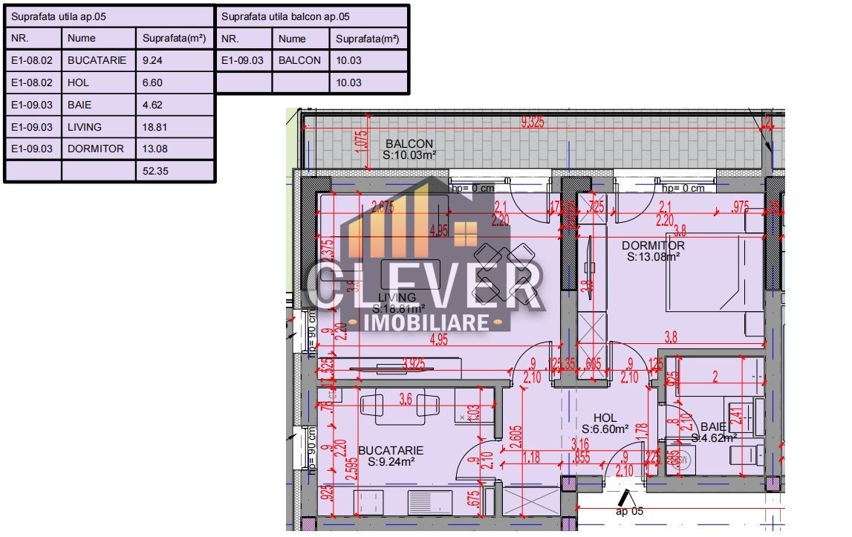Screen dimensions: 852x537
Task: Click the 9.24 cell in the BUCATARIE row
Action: click(175, 60)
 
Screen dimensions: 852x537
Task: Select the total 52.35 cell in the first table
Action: click(175, 171)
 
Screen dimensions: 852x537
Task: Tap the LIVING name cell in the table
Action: click(99, 127)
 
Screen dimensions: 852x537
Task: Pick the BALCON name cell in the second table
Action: click(301, 60)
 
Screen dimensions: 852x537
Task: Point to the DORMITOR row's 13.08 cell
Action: click(175, 149)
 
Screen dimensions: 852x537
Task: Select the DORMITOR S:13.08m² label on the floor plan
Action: click(653, 251)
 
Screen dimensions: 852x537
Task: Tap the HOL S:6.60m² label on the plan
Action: click(605, 424)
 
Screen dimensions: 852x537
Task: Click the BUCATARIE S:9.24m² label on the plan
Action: click(391, 456)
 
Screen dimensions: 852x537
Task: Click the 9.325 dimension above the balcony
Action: click(532, 123)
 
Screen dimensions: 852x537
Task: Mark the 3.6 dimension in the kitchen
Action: click(405, 399)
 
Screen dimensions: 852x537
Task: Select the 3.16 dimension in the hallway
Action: click(580, 443)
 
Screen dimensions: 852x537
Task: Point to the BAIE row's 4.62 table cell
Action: click(175, 105)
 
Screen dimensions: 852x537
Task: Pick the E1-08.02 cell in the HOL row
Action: click(33, 82)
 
